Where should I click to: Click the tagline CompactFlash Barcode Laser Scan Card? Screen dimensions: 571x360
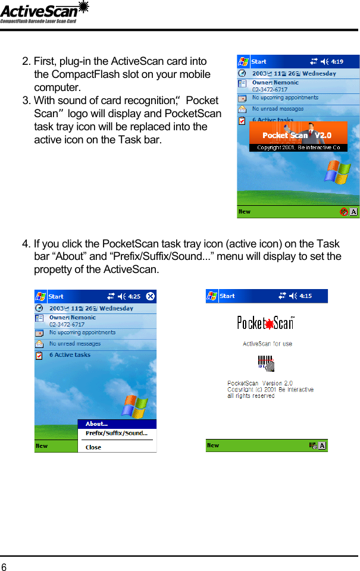pos(38,21)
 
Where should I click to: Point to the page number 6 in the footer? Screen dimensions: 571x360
pos(4,566)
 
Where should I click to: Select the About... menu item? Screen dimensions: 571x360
pos(96,424)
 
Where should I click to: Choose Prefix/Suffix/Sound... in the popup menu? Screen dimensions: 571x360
pos(116,433)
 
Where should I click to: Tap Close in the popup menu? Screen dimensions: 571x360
pos(93,447)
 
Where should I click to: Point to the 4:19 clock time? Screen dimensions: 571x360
pos(337,61)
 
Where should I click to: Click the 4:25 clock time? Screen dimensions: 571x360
pos(134,296)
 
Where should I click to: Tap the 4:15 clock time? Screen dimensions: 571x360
pos(306,296)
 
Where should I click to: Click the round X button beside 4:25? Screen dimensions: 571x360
pos(151,296)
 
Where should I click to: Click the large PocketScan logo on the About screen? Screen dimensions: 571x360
pos(265,323)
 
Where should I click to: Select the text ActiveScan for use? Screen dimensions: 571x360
pos(267,344)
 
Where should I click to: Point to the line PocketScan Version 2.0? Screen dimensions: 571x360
pos(259,384)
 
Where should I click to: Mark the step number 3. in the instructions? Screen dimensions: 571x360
pos(26,101)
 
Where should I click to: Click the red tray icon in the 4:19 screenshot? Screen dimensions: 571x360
pos(343,212)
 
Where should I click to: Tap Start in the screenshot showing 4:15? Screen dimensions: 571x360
pos(227,296)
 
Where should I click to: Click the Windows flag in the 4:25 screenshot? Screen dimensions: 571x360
pos(135,406)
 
